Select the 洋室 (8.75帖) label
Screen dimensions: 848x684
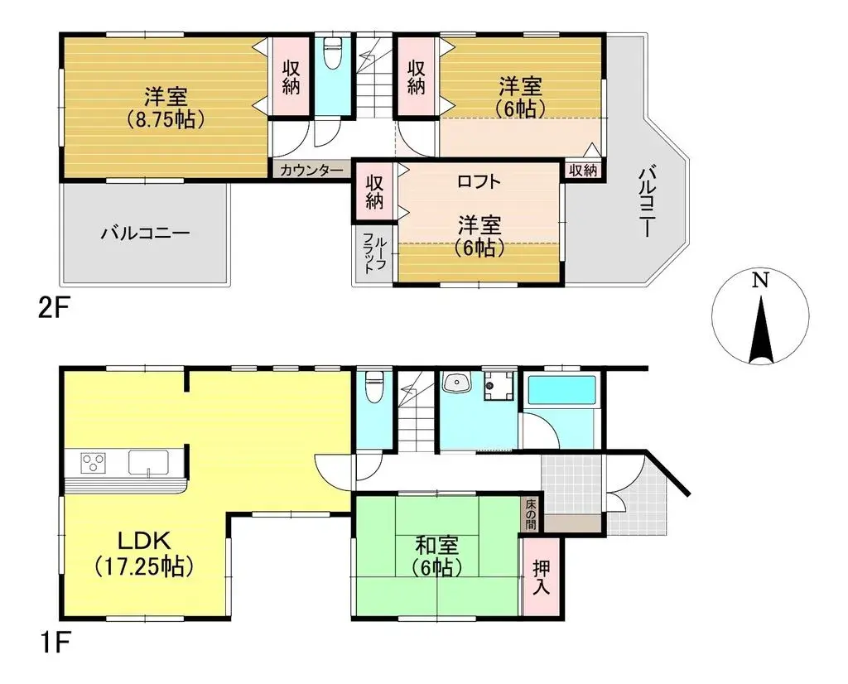point(166,108)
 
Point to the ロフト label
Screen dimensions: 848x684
point(479,181)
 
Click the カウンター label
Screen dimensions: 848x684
point(311,171)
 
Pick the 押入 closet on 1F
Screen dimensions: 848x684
point(541,576)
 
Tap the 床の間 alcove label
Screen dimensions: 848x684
point(531,513)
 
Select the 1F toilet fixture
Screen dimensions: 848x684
point(374,387)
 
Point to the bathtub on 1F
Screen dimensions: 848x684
point(561,390)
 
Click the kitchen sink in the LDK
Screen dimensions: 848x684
point(148,463)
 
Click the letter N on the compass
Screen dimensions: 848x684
point(761,280)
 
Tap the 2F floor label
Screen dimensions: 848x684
point(54,311)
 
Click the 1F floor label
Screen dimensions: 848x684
point(54,643)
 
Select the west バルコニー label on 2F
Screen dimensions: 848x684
point(146,234)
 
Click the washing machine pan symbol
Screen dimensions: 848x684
point(499,385)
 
